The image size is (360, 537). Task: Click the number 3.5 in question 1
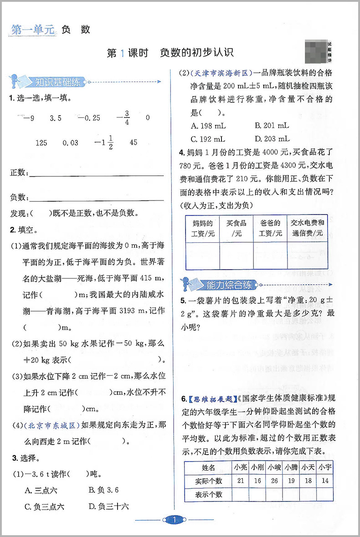(56, 118)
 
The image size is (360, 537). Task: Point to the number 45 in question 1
(133, 143)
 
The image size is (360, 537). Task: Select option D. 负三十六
(109, 506)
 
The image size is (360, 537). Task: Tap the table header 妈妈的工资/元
(203, 228)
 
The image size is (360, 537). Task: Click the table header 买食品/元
(236, 228)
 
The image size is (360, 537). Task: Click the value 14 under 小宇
(324, 481)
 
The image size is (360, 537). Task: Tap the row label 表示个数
(208, 495)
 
